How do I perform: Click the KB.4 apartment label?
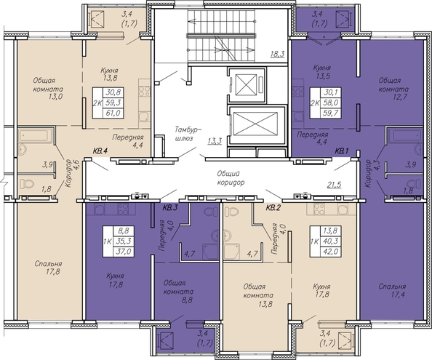pyautogui.click(x=100, y=151)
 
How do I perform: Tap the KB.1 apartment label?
pyautogui.click(x=342, y=151)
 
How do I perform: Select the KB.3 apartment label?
pyautogui.click(x=169, y=208)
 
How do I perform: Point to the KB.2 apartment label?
pyautogui.click(x=273, y=208)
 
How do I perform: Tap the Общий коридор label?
pyautogui.click(x=231, y=178)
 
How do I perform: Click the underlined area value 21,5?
pyautogui.click(x=335, y=185)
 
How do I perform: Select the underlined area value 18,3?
pyautogui.click(x=277, y=54)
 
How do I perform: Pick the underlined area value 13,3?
pyautogui.click(x=215, y=141)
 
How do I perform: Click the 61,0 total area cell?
pyautogui.click(x=113, y=113)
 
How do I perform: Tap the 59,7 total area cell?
pyautogui.click(x=331, y=113)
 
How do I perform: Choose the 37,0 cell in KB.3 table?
pyautogui.click(x=124, y=252)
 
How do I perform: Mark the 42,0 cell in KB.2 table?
pyautogui.click(x=331, y=252)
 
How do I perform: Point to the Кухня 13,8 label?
pyautogui.click(x=109, y=74)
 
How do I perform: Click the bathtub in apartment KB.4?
pyautogui.click(x=36, y=136)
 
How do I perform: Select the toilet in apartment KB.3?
pyautogui.click(x=210, y=212)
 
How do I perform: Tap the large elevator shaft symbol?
pyautogui.click(x=255, y=124)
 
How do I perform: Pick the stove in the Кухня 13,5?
pyautogui.click(x=298, y=91)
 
